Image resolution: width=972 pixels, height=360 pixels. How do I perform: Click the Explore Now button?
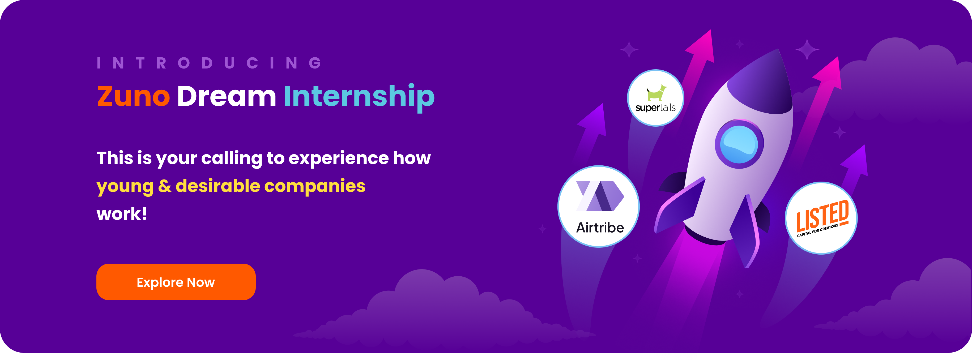tap(176, 282)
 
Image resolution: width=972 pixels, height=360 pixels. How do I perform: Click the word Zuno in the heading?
tap(133, 96)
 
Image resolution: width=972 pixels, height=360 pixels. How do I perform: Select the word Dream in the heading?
tap(226, 96)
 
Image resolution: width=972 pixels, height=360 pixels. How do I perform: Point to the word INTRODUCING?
tap(210, 63)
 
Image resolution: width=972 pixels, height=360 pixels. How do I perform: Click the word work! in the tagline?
tap(122, 214)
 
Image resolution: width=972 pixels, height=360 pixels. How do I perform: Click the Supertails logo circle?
tap(655, 98)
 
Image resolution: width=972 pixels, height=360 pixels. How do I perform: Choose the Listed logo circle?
tap(821, 218)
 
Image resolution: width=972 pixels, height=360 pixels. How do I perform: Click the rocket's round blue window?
tap(739, 144)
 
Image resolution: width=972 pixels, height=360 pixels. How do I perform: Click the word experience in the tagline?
tap(338, 158)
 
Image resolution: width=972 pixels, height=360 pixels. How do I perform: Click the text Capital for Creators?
tap(817, 230)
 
